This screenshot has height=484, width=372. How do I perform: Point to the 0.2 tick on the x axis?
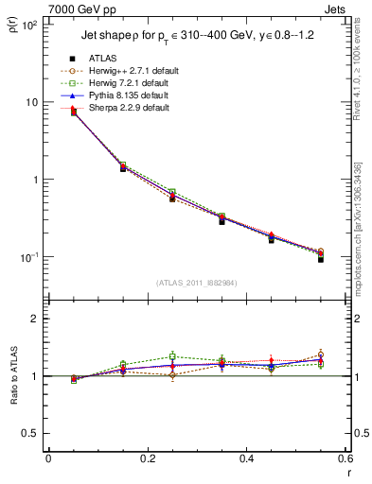click(147, 459)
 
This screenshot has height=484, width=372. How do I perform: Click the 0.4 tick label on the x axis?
click(246, 459)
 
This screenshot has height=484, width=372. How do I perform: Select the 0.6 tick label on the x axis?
click(345, 459)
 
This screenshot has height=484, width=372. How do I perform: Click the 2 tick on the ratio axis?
click(35, 319)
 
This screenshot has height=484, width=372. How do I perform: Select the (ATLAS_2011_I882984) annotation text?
click(197, 283)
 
